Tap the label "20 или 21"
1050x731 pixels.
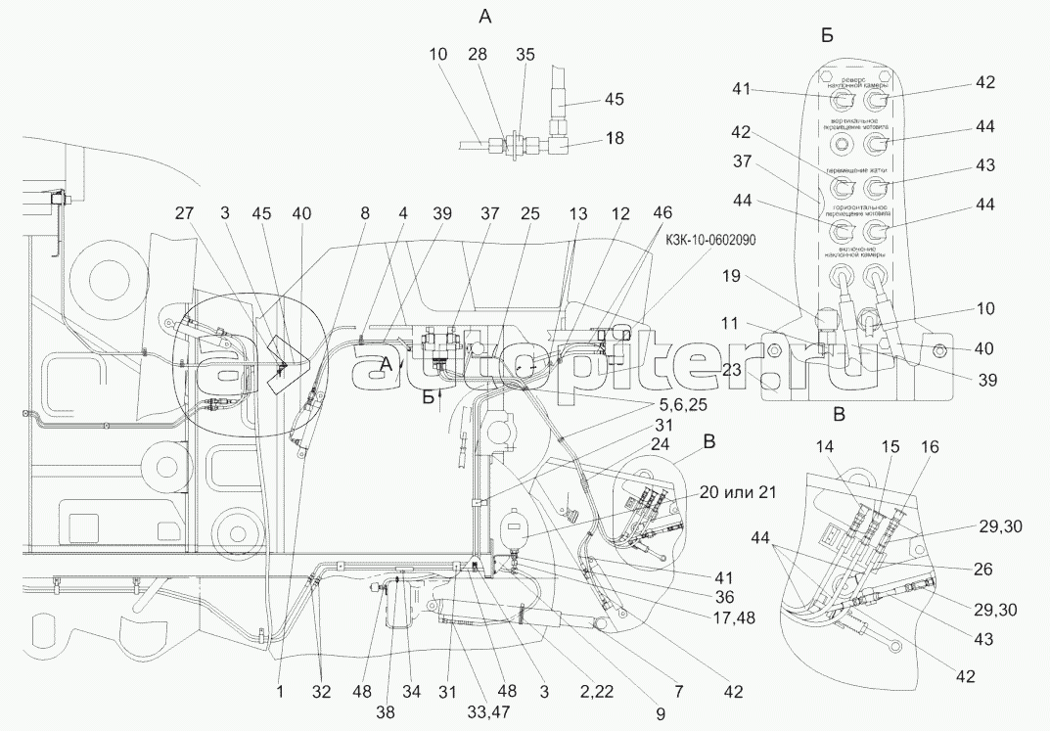click(734, 492)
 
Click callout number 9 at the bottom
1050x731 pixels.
click(660, 715)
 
